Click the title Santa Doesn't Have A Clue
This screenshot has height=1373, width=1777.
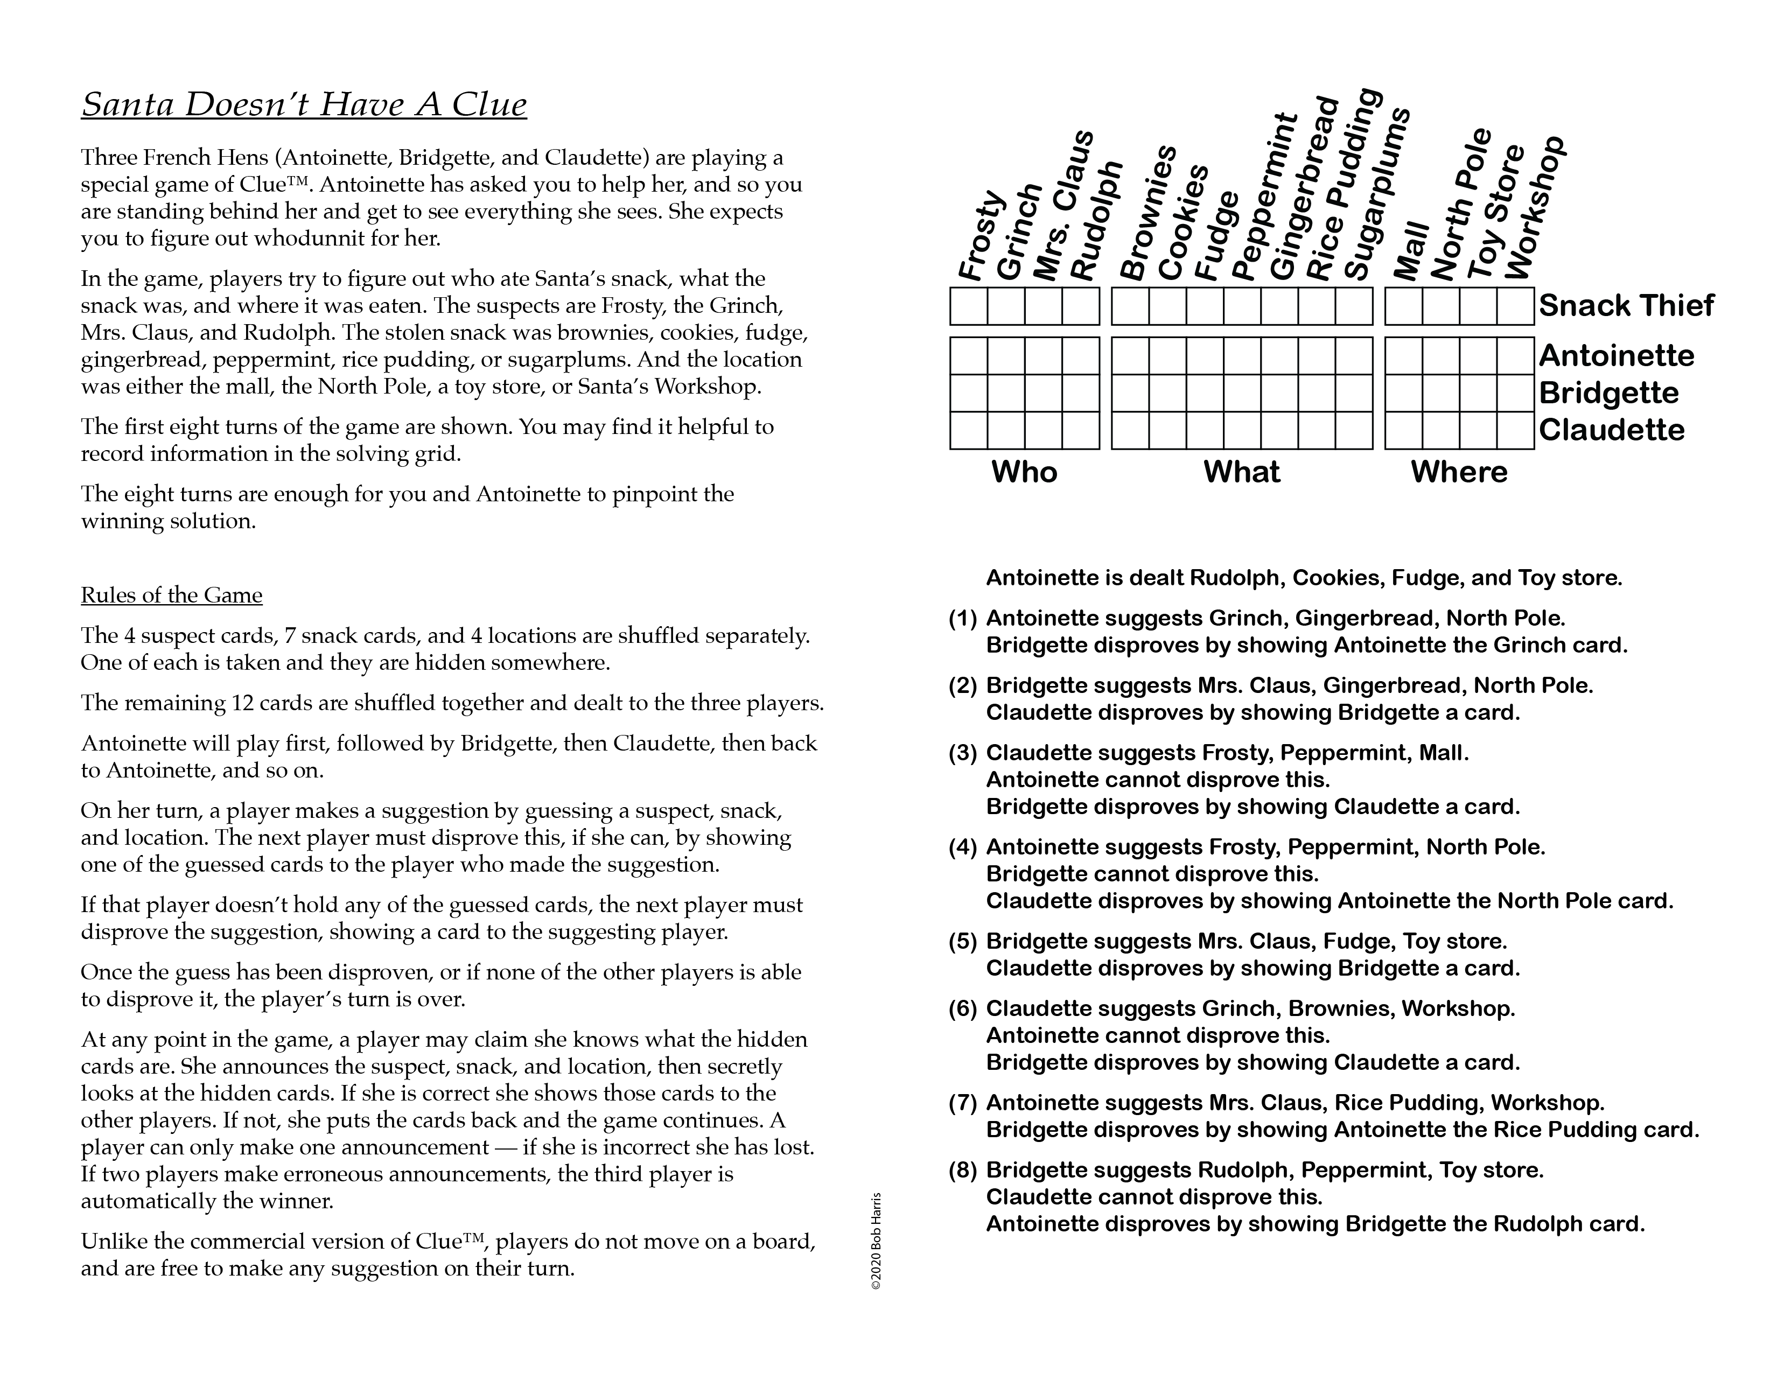304,104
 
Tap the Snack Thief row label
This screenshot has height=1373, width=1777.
1626,306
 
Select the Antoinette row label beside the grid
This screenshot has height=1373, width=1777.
1616,355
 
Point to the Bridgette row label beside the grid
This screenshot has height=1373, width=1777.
1608,393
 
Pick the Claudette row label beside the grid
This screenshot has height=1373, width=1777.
1611,430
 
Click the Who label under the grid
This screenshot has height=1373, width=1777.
1024,472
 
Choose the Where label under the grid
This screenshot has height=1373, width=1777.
1458,472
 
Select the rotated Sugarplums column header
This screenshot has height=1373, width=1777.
1375,195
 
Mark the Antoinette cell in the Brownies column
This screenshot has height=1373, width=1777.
1130,355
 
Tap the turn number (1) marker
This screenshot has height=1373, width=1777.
963,618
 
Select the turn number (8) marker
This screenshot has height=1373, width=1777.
963,1169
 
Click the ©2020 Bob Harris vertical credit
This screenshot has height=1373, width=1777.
876,1241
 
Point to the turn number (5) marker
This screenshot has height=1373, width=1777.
963,941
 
